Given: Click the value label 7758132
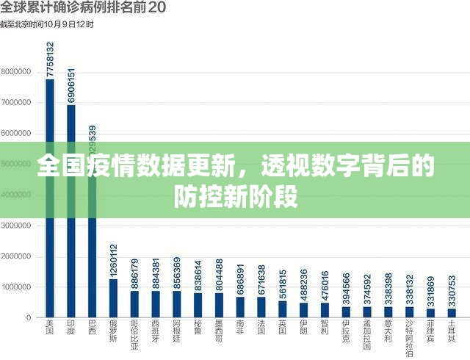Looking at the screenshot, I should pos(50,60).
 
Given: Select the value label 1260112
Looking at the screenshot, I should pos(113,261).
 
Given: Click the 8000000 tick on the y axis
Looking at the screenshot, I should pos(15,72).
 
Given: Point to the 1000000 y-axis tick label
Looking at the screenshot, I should pos(15,287).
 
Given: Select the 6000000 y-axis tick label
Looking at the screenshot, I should pos(15,134).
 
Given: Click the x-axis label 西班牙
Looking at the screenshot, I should pos(156,331).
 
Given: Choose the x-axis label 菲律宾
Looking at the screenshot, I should pos(430,331).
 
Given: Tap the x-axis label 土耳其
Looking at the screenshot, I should pos(452,331).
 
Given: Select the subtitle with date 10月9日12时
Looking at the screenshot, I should pos(47,24).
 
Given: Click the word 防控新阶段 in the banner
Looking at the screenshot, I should pos(235,196).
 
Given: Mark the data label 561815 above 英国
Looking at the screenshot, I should pos(283,283).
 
